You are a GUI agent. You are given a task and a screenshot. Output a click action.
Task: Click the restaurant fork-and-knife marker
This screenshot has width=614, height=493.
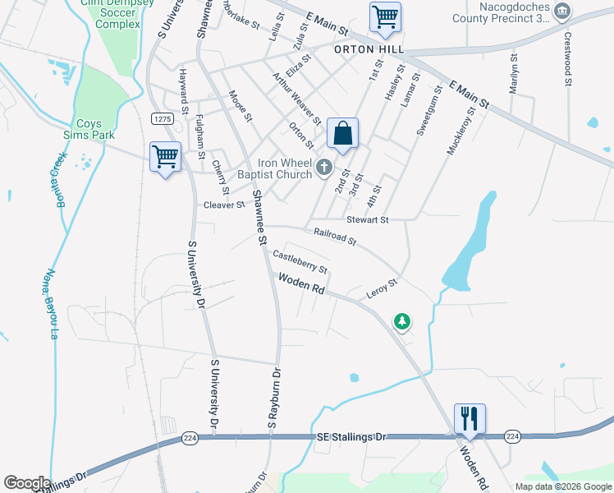coord(470,418)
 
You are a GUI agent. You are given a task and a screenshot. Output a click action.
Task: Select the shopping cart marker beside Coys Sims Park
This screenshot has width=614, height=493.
coord(165,156)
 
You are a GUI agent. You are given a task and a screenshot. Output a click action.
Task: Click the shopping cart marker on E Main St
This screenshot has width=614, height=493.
coord(385,16)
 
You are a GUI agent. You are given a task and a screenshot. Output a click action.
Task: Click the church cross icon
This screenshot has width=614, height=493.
coord(324,168)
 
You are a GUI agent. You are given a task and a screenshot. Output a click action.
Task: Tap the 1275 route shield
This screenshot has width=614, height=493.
coord(162,120)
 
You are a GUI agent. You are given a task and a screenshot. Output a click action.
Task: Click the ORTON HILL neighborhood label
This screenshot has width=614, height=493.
coord(369,49)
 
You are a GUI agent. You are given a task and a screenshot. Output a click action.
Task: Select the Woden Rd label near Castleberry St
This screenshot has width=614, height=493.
coord(302,285)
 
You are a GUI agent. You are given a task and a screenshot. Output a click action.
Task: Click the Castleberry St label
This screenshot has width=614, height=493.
coord(300,262)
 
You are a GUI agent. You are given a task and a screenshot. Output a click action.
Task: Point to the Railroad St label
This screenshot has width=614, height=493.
coord(334,237)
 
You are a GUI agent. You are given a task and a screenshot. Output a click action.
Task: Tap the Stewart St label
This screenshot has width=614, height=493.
coord(367,219)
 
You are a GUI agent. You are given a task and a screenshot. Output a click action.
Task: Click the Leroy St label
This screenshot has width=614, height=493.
coord(381,288)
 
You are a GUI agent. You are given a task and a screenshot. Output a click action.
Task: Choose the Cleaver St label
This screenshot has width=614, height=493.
coord(224,205)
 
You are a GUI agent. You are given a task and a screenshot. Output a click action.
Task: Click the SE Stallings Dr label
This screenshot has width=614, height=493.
coord(350,436)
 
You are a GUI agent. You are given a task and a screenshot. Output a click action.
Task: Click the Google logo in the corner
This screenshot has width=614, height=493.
coord(26,483)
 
